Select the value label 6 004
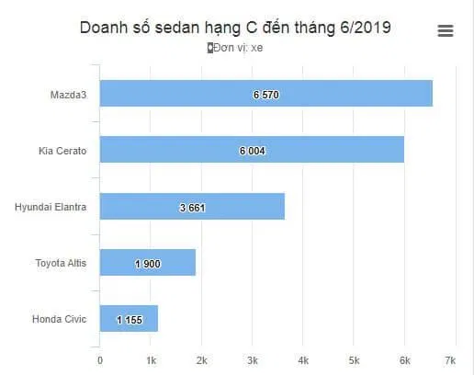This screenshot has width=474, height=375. [x=252, y=151]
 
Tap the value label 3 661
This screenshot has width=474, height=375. [x=192, y=208]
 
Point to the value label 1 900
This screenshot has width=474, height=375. [x=147, y=264]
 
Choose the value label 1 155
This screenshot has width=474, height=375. [x=129, y=320]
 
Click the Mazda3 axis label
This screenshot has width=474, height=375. [x=69, y=94]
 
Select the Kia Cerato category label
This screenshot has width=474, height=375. [x=62, y=150]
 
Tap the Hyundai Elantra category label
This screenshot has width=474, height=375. [x=51, y=207]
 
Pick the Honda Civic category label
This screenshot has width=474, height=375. [x=59, y=319]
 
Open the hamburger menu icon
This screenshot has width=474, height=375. [x=446, y=31]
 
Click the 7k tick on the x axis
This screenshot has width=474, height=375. [x=450, y=359]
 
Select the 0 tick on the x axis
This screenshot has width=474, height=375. [x=99, y=359]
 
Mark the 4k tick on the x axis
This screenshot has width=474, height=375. [x=303, y=359]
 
